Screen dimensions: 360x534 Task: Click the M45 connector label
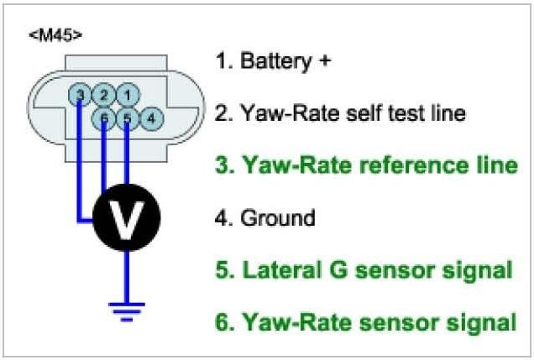[55, 36]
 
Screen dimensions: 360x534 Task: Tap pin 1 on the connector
[126, 95]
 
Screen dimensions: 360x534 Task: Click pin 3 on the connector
[79, 95]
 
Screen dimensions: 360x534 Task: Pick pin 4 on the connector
[150, 118]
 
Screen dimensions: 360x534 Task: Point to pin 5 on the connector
[126, 118]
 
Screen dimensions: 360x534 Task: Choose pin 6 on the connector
[102, 118]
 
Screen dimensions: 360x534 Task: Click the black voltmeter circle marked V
[126, 220]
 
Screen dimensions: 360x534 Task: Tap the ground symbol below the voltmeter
[126, 311]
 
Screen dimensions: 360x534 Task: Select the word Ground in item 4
[277, 218]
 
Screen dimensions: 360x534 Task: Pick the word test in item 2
[400, 113]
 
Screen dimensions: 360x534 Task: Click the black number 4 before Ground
[222, 218]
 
